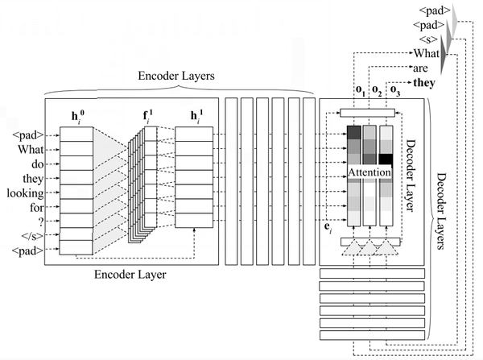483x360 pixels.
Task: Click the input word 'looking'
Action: tap(25, 193)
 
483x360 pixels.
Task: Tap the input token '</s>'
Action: tap(32, 236)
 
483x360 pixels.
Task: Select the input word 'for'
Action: tap(37, 208)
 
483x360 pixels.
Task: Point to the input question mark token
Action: tap(41, 221)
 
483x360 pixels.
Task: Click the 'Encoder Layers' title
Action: tap(175, 76)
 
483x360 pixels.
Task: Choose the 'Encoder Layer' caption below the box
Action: tap(130, 275)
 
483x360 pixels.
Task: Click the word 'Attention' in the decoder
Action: tap(369, 172)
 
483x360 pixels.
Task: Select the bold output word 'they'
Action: tap(424, 83)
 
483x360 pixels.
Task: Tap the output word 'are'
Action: tap(420, 68)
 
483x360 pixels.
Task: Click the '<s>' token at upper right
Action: tap(428, 39)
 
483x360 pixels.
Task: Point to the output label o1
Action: tap(361, 90)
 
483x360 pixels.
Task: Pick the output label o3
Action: tap(395, 90)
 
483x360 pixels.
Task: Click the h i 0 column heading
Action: tap(77, 116)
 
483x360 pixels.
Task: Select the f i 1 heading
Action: tap(148, 116)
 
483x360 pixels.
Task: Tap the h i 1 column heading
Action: tap(196, 116)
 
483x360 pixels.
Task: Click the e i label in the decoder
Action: tap(328, 227)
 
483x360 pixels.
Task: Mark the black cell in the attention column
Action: tap(386, 159)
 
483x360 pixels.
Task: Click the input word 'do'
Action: tap(38, 164)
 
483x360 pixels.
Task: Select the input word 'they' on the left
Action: tap(33, 179)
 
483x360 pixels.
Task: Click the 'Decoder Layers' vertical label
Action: tap(441, 211)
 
